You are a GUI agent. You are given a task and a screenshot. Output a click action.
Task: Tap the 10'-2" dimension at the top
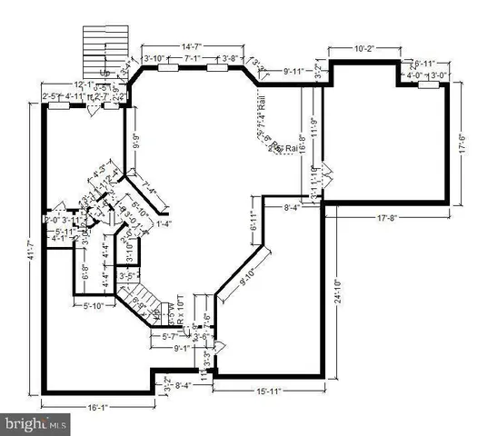(363, 47)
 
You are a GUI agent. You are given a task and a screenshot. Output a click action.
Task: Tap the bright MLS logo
(35, 423)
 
